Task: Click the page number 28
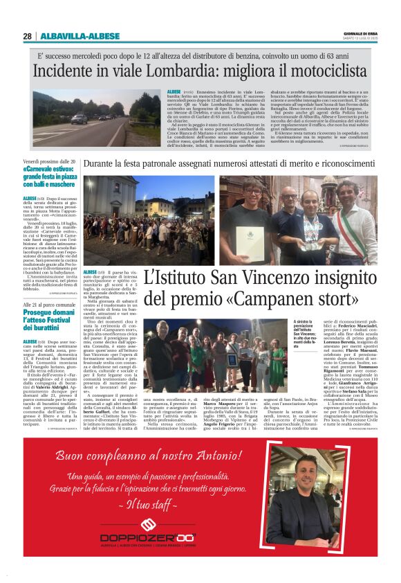(27, 36)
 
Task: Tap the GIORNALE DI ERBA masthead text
(357, 34)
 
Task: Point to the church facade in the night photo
(104, 201)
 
